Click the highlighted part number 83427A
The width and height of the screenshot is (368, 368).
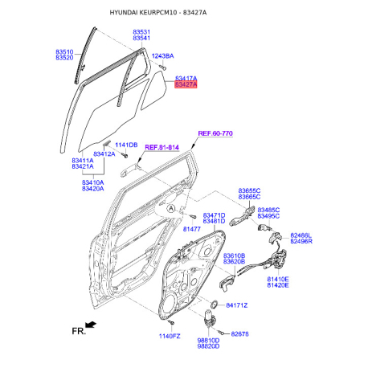click(x=186, y=84)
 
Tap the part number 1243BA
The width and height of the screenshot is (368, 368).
click(x=162, y=56)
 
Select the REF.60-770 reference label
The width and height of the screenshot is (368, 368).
click(x=215, y=133)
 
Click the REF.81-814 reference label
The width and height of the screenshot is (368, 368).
click(x=162, y=148)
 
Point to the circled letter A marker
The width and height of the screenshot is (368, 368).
click(x=171, y=208)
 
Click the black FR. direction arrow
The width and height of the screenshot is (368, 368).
click(x=91, y=325)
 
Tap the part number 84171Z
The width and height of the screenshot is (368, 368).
click(x=237, y=305)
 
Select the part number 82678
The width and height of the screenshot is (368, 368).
click(x=239, y=334)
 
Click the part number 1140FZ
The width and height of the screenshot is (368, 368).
click(x=170, y=336)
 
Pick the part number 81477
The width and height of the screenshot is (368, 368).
click(x=192, y=229)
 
